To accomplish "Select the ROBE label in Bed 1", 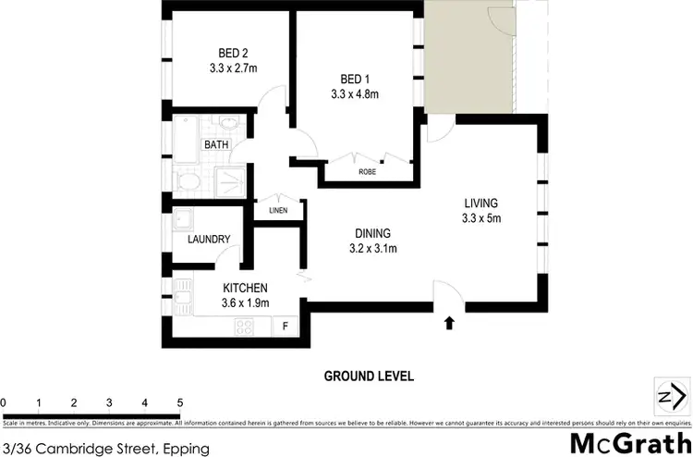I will pyautogui.click(x=365, y=172).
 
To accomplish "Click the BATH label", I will pyautogui.click(x=216, y=145).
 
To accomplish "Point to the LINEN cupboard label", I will pyautogui.click(x=278, y=210).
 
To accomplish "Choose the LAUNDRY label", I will pyautogui.click(x=208, y=240).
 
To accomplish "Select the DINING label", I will pyautogui.click(x=372, y=233).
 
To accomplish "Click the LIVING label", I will pyautogui.click(x=481, y=204).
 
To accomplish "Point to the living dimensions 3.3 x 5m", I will pyautogui.click(x=481, y=218).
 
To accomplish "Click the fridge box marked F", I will pyautogui.click(x=285, y=326).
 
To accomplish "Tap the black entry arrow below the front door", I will pyautogui.click(x=449, y=323).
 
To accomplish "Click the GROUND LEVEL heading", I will pyautogui.click(x=368, y=377).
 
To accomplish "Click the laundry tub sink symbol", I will pyautogui.click(x=184, y=220).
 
